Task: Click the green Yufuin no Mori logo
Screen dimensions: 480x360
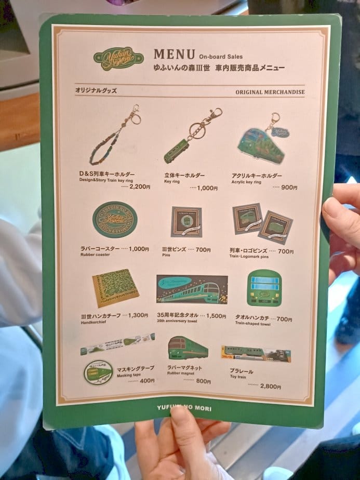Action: tap(118, 58)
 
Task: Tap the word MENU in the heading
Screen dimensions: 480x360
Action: tap(174, 54)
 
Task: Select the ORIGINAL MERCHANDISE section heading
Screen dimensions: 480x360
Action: tap(270, 92)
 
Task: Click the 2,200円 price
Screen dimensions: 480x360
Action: tap(139, 186)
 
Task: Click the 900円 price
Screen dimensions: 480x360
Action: tap(289, 188)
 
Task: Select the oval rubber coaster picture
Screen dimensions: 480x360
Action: tap(115, 220)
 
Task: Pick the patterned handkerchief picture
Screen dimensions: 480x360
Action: tap(116, 287)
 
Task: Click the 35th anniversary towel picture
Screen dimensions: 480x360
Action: tap(192, 289)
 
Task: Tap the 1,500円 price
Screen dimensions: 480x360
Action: tap(216, 316)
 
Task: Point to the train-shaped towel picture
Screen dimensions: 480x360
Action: tap(264, 287)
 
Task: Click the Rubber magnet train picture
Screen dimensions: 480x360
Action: tap(188, 348)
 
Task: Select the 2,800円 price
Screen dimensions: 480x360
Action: tap(270, 386)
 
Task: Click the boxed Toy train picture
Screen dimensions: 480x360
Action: tap(256, 353)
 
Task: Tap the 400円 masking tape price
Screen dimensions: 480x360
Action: tap(147, 381)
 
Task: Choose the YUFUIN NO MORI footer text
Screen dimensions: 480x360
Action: tap(184, 407)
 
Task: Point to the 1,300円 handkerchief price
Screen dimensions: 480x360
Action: tap(138, 315)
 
